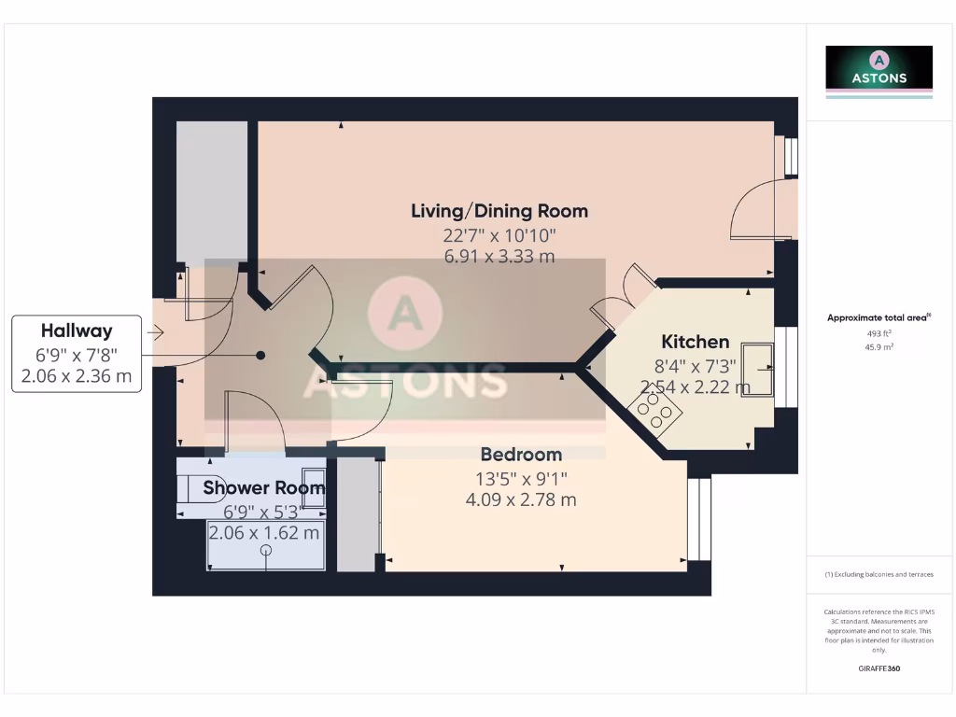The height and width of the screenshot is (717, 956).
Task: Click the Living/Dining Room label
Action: tap(499, 211)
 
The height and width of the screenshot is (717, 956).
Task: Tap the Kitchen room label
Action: tap(695, 342)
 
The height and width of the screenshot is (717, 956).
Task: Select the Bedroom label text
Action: tap(521, 455)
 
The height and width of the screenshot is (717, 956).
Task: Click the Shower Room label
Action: tap(264, 487)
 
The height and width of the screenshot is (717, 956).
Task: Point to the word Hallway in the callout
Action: tap(77, 330)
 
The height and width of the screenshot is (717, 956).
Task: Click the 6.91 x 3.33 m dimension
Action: tap(499, 256)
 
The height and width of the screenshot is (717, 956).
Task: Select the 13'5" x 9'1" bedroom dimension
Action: tap(521, 479)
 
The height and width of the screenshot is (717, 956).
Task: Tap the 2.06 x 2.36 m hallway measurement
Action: tap(77, 377)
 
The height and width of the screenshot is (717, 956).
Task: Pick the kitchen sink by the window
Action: tap(757, 370)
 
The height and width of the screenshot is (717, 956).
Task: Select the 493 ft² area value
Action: tap(879, 332)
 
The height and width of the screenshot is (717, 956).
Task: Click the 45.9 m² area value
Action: tap(879, 346)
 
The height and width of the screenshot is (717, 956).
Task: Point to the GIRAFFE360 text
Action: tap(879, 668)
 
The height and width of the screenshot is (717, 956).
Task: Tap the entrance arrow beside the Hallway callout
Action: tap(155, 331)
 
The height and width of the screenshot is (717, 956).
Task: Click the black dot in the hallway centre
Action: tap(260, 355)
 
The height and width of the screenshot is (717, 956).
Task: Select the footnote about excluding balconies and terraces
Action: tap(879, 574)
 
